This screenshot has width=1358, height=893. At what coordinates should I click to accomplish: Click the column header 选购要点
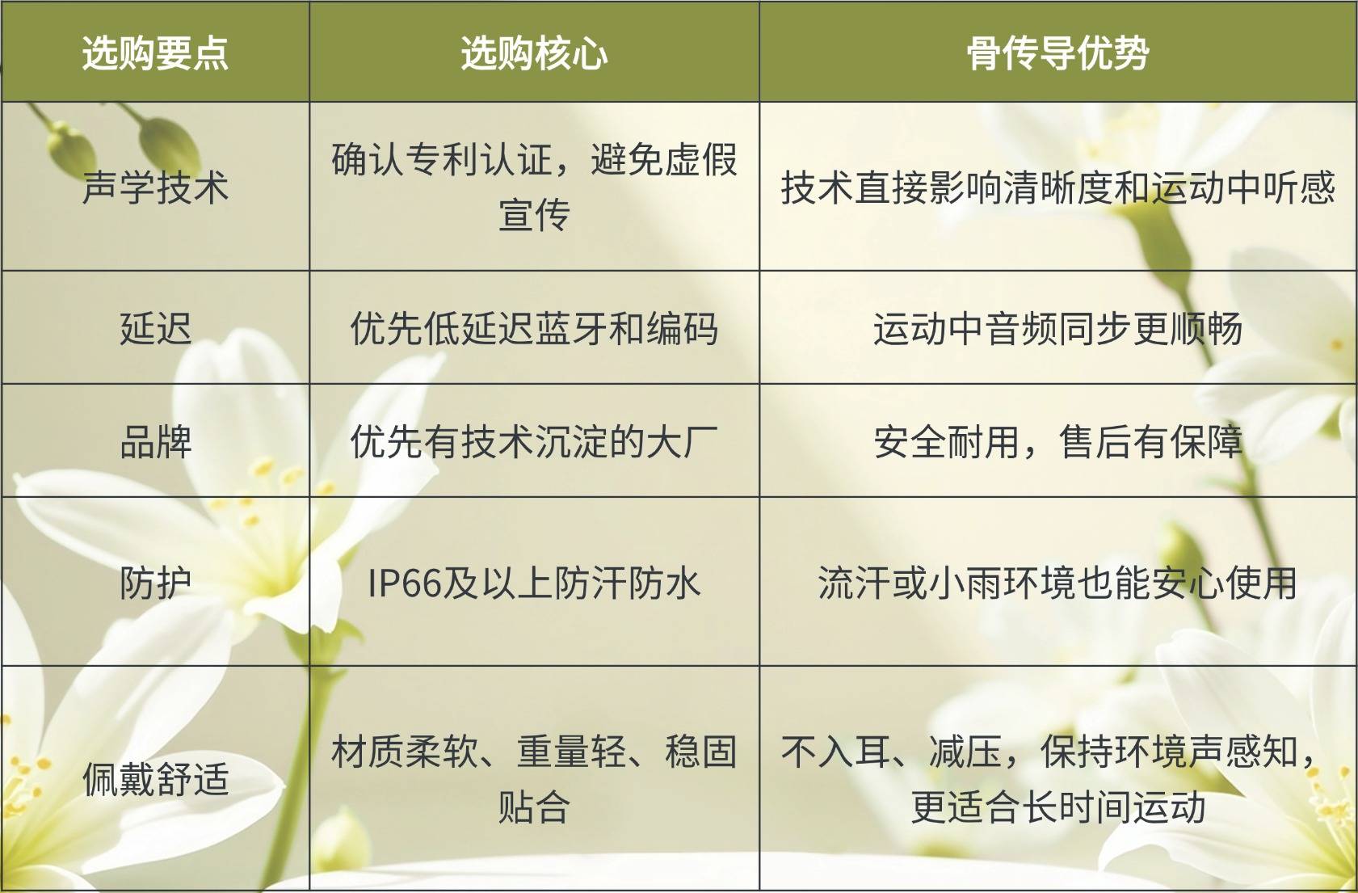click(x=155, y=53)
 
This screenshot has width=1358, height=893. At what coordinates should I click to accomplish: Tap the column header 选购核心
click(x=534, y=53)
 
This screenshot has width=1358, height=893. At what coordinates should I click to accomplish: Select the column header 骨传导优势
click(x=1057, y=53)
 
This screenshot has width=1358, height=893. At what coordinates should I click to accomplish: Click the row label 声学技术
click(x=155, y=187)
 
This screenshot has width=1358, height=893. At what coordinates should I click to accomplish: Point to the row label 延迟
click(x=155, y=329)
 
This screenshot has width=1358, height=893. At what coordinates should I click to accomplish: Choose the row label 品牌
click(x=155, y=442)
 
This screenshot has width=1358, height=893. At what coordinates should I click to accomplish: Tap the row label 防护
click(x=155, y=583)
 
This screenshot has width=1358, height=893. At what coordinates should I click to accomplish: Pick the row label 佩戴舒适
click(x=155, y=779)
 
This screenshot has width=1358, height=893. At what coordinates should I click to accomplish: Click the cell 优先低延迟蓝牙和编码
click(x=534, y=329)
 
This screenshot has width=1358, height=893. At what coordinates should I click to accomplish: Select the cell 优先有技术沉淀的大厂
click(x=534, y=442)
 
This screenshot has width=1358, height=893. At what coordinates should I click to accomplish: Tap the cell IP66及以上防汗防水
click(x=534, y=583)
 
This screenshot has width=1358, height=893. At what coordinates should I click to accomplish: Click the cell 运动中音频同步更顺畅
click(x=1057, y=329)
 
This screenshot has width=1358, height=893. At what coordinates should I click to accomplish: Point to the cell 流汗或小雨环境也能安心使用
click(x=1057, y=583)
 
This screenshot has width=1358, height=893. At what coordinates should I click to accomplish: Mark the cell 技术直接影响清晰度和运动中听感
click(x=1057, y=187)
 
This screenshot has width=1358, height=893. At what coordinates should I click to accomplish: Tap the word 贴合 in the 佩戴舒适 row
click(x=534, y=807)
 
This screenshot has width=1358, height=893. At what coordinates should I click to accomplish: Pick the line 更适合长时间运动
click(x=1057, y=807)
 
